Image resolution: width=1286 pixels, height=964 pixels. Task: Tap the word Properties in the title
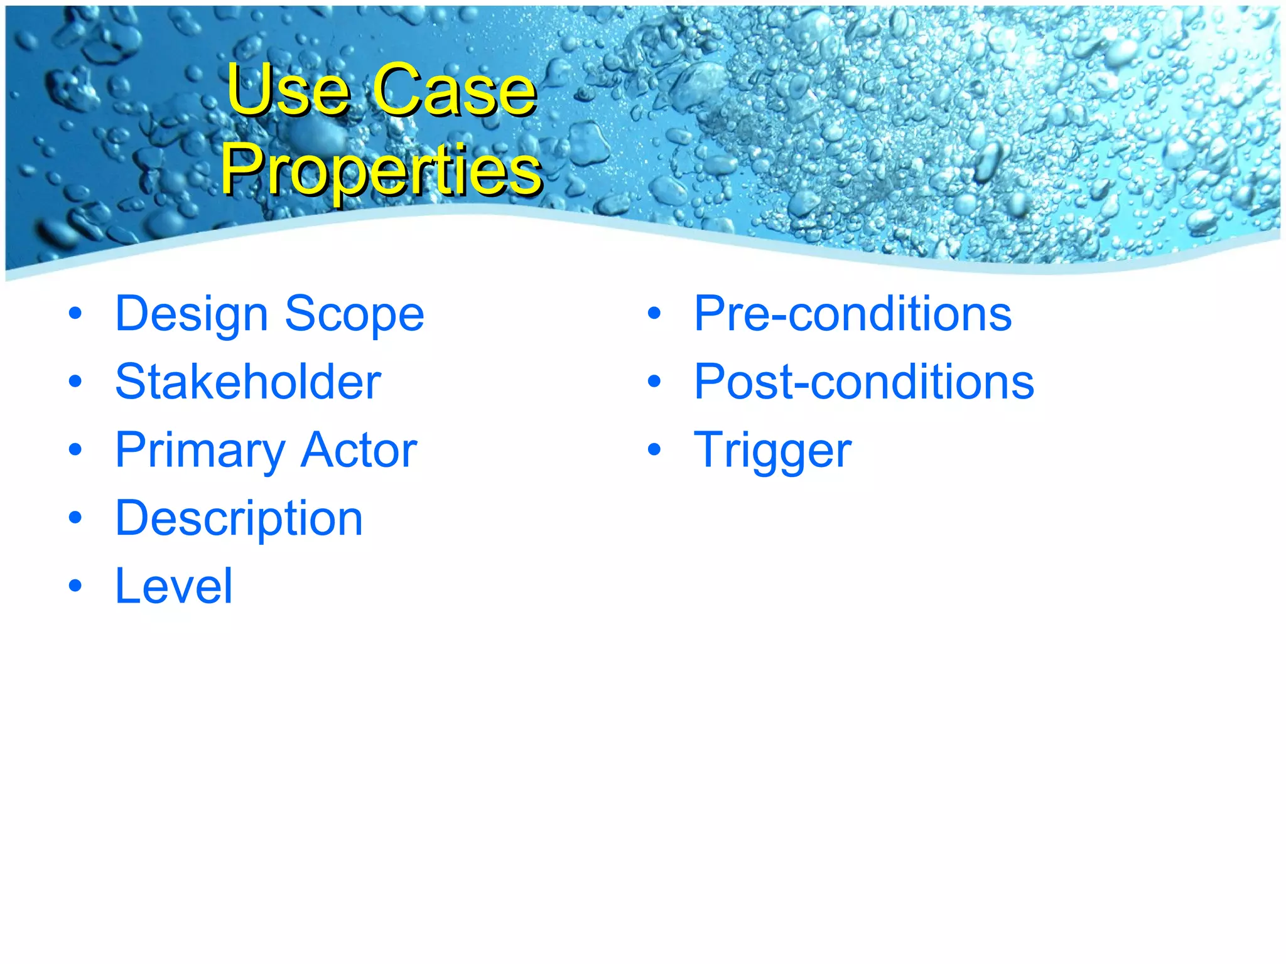[x=381, y=169]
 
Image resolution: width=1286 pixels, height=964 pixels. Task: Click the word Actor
[x=359, y=450]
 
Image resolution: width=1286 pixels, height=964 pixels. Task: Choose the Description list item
[x=239, y=519]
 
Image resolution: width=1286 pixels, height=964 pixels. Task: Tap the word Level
[x=174, y=586]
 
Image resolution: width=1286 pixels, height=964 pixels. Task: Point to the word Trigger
[x=772, y=451]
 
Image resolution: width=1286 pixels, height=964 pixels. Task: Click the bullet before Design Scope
[x=75, y=314]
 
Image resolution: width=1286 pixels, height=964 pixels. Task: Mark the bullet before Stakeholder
[x=75, y=382]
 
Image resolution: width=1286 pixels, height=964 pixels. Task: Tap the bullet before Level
[x=75, y=586]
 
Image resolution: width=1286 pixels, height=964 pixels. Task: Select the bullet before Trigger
[x=654, y=450]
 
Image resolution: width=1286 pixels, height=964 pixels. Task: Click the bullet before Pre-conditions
[x=654, y=314]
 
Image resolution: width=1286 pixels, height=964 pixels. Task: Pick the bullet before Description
[x=75, y=518]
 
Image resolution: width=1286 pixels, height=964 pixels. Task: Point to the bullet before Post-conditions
[x=654, y=382]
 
